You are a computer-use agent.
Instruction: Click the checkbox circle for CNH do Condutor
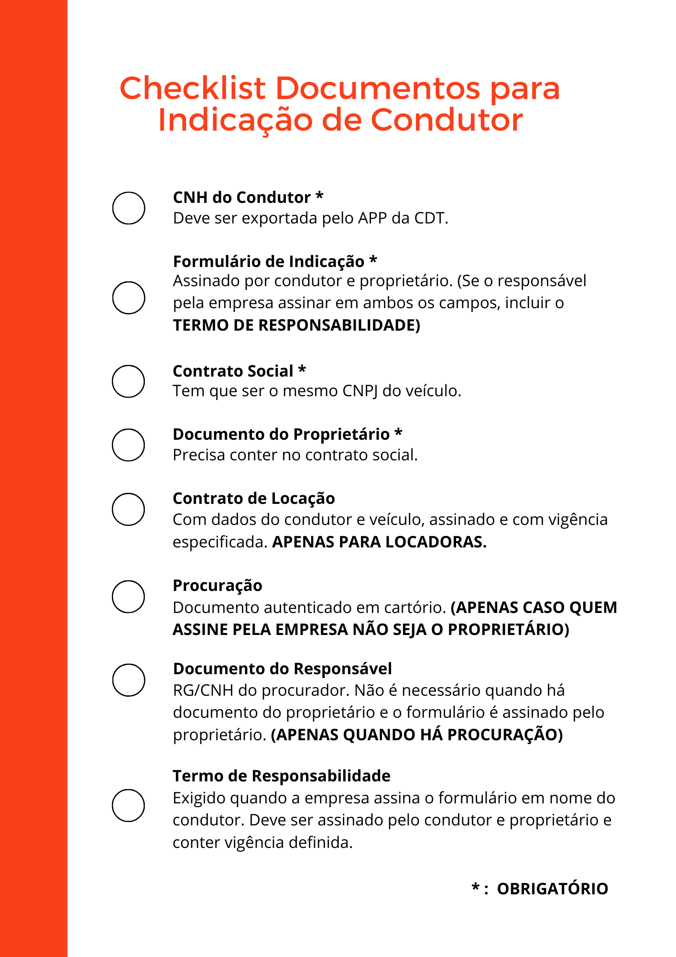click(x=129, y=208)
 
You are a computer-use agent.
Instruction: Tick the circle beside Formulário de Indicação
click(x=129, y=298)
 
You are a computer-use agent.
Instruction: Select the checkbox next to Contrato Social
click(x=128, y=381)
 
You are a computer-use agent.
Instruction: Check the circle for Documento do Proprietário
click(x=128, y=445)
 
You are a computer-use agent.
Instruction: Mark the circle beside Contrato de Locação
click(x=128, y=509)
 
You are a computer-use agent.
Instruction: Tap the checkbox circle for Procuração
click(x=128, y=597)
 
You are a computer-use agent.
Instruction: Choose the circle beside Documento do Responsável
click(x=129, y=680)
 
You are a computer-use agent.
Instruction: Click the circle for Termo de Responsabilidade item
click(x=128, y=805)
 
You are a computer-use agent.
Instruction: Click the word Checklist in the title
click(x=192, y=89)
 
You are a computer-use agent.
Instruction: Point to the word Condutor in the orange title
click(x=447, y=120)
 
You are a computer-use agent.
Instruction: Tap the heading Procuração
click(x=218, y=586)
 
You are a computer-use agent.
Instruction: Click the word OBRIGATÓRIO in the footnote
click(x=552, y=889)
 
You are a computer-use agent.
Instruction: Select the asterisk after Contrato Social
click(x=302, y=369)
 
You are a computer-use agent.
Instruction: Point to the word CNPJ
click(x=360, y=391)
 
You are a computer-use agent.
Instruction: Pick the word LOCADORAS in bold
click(x=436, y=542)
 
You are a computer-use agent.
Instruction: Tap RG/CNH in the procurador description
click(x=203, y=690)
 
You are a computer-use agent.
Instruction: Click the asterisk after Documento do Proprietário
click(x=398, y=433)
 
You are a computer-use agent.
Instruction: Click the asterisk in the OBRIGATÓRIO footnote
click(x=476, y=888)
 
